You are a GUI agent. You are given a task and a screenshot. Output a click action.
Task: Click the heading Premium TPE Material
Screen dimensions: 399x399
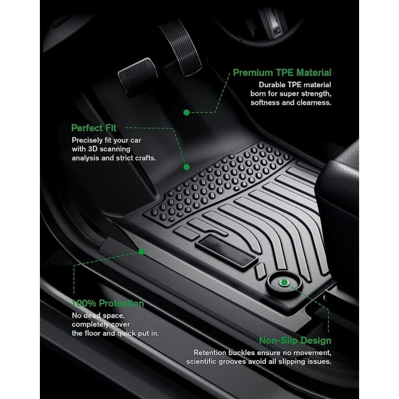click(x=282, y=73)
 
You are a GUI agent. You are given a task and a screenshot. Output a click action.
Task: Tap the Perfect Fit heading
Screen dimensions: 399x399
click(x=94, y=128)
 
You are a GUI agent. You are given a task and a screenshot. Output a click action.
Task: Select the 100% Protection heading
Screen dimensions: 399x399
click(x=107, y=303)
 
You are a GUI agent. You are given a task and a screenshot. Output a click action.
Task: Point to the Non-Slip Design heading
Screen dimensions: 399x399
click(x=295, y=341)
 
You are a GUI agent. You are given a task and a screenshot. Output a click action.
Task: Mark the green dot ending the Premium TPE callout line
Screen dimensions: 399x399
click(x=187, y=113)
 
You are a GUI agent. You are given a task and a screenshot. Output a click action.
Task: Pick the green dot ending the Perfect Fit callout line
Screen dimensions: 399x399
click(x=187, y=167)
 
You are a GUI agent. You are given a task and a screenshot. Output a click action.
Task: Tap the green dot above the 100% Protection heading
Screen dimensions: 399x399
click(x=142, y=252)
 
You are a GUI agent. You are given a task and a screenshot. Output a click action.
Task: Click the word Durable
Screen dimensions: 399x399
click(x=273, y=85)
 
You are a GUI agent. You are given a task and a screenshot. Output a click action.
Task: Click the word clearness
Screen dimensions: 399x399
click(x=312, y=103)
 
